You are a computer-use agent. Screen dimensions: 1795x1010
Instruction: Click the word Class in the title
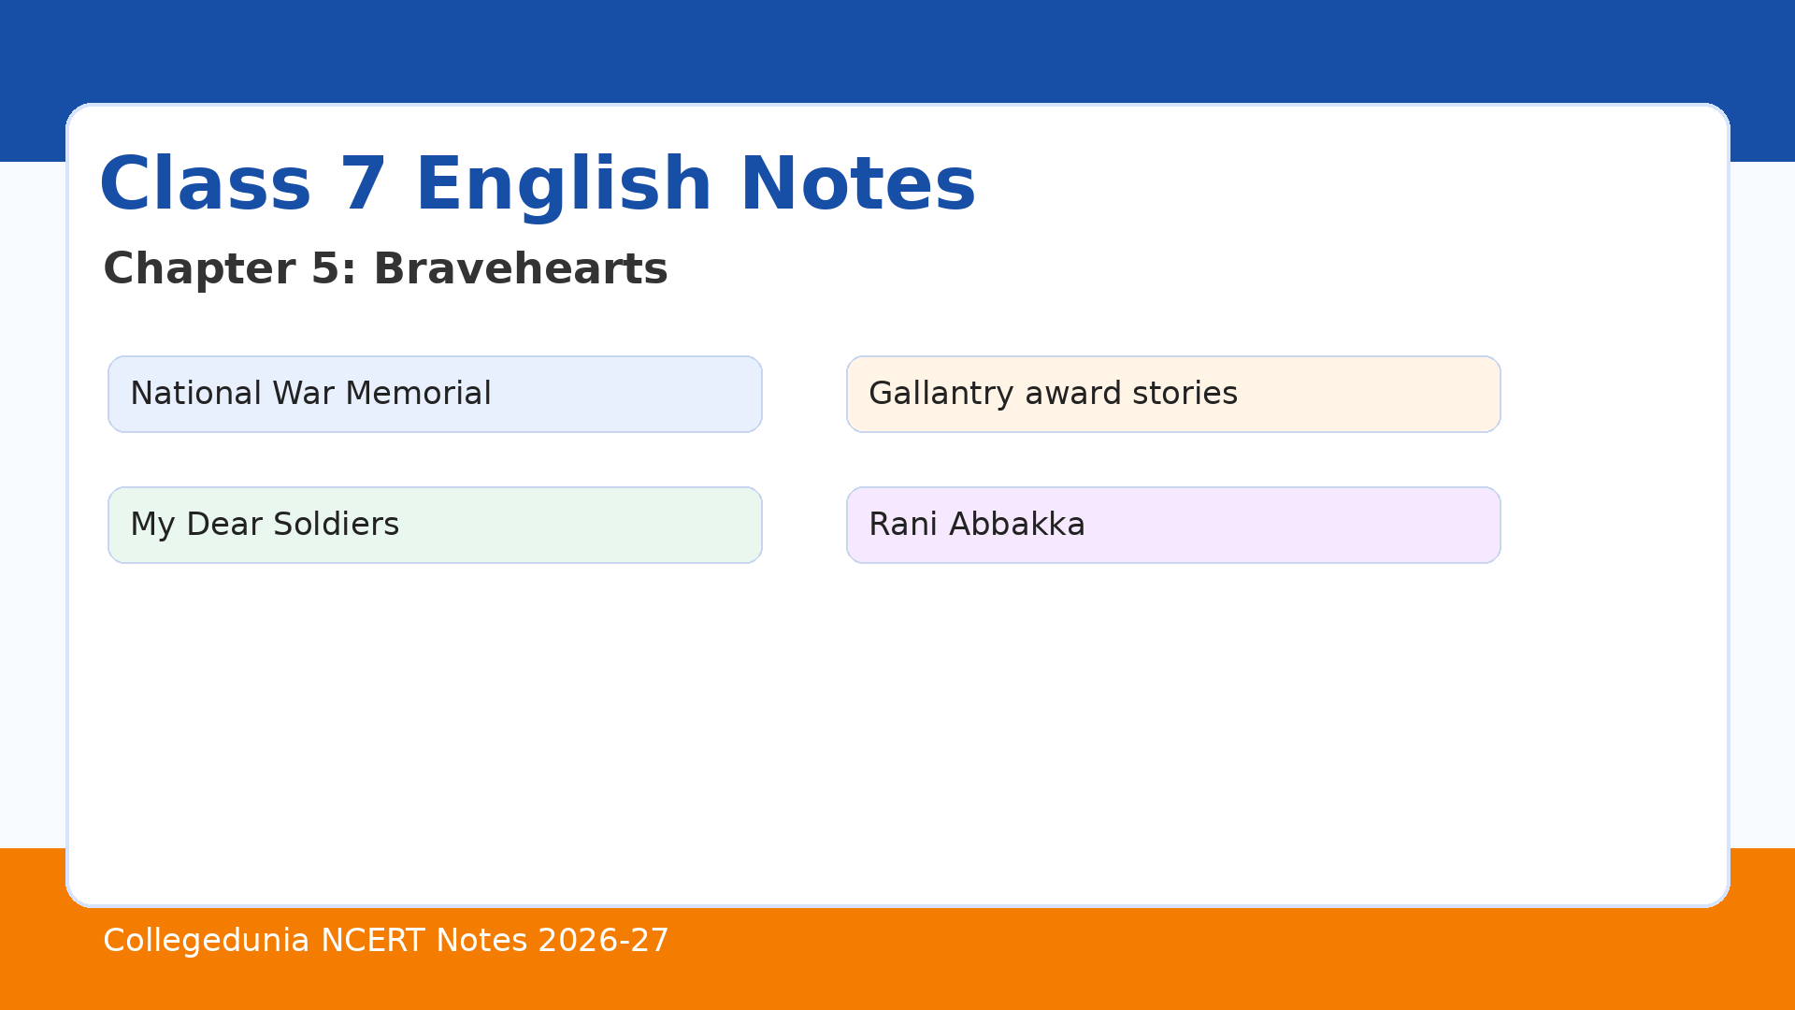[205, 184]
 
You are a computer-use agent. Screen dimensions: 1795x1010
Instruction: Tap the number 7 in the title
[363, 184]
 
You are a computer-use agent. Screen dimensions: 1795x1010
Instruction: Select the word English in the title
[564, 187]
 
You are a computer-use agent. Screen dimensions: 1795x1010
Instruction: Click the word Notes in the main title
[858, 184]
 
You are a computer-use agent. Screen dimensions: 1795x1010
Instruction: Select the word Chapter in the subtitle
[200, 270]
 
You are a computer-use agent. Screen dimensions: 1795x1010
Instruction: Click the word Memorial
[418, 393]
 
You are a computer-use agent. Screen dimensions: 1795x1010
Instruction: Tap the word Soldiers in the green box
[336, 524]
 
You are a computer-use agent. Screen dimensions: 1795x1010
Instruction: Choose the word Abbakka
[1017, 524]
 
